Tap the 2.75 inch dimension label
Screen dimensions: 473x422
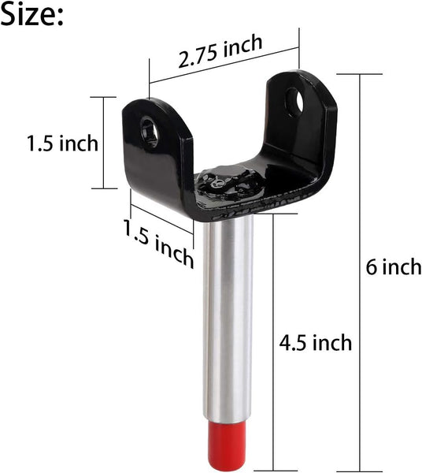tap(220, 56)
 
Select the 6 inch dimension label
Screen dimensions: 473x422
tap(394, 266)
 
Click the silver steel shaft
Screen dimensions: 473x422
tap(228, 315)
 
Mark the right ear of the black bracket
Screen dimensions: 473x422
tap(303, 110)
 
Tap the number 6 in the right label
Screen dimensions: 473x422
tap(371, 266)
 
